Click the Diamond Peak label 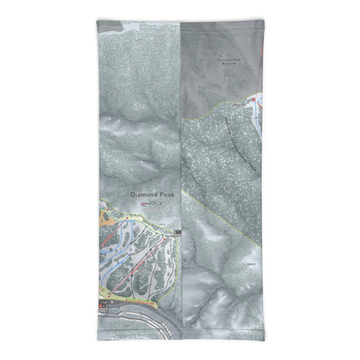pos(152,195)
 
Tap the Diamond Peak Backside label pos(229,62)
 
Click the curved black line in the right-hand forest pos(239,144)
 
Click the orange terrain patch pos(106,218)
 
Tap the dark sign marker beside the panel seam pos(179,232)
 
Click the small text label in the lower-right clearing pos(250,264)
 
